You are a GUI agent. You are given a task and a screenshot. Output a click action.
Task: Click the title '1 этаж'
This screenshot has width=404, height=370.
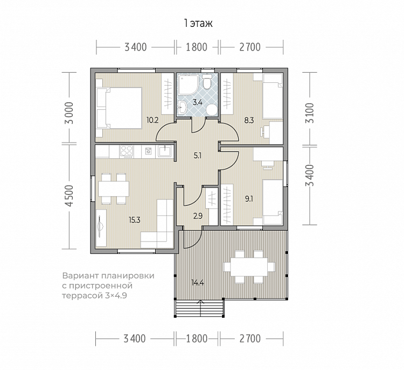pyautogui.click(x=198, y=24)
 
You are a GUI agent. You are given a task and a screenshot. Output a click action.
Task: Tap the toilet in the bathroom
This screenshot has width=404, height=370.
pyautogui.click(x=207, y=82)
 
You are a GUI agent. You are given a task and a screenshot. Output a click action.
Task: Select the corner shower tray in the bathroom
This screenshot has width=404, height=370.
pyautogui.click(x=188, y=84)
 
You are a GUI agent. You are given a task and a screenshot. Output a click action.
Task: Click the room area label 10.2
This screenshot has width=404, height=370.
pyautogui.click(x=152, y=120)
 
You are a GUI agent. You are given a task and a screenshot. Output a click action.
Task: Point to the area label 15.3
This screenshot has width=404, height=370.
pyautogui.click(x=135, y=220)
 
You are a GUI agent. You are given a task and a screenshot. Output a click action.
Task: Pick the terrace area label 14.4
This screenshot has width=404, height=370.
pyautogui.click(x=198, y=283)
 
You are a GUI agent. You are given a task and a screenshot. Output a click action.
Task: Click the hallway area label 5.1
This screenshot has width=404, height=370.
pyautogui.click(x=197, y=155)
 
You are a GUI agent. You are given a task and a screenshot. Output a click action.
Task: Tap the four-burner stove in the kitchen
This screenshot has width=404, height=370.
pyautogui.click(x=126, y=151)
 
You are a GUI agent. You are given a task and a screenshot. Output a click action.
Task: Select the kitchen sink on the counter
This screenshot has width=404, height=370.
pyautogui.click(x=165, y=151)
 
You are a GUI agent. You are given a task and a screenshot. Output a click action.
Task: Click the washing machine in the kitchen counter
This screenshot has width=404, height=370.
pyautogui.click(x=149, y=151)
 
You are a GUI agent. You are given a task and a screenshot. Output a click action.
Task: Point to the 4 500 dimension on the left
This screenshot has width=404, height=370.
pyautogui.click(x=69, y=196)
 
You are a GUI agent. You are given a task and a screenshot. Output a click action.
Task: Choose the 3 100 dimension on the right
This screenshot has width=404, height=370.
pyautogui.click(x=310, y=113)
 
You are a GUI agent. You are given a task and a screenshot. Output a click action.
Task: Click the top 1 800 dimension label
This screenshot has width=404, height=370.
pyautogui.click(x=196, y=47)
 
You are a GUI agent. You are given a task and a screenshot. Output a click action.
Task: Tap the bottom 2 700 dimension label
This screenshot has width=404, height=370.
pyautogui.click(x=250, y=339)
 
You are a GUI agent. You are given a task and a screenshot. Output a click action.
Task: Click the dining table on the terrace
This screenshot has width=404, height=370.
pyautogui.click(x=249, y=267)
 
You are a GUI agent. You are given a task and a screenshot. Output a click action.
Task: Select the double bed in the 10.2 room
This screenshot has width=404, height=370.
pyautogui.click(x=119, y=108)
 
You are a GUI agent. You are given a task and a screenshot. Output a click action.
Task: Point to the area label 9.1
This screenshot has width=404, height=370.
pyautogui.click(x=249, y=198)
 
